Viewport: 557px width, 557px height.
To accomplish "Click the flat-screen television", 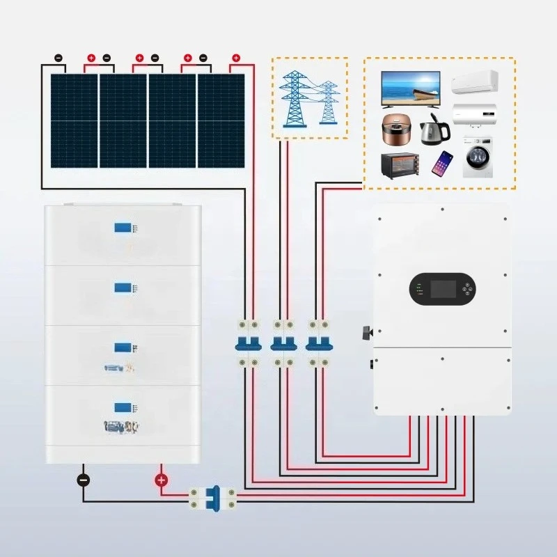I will pyautogui.click(x=411, y=88).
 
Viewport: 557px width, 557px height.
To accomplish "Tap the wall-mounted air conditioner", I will pyautogui.click(x=476, y=82).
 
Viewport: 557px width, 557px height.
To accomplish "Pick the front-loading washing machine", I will pyautogui.click(x=478, y=160).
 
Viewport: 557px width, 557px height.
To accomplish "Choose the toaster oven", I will pyautogui.click(x=400, y=164).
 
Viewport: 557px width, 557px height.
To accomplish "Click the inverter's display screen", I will pyautogui.click(x=444, y=288).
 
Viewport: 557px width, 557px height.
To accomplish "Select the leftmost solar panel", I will pyautogui.click(x=74, y=120).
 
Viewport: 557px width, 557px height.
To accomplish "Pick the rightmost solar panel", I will pyautogui.click(x=221, y=120).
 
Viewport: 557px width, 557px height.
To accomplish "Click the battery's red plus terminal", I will pyautogui.click(x=161, y=480).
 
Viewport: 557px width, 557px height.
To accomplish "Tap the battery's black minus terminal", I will pyautogui.click(x=83, y=480).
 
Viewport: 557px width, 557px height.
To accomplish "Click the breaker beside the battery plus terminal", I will pyautogui.click(x=212, y=496).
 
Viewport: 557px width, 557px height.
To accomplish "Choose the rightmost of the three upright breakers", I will pyautogui.click(x=317, y=342).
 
